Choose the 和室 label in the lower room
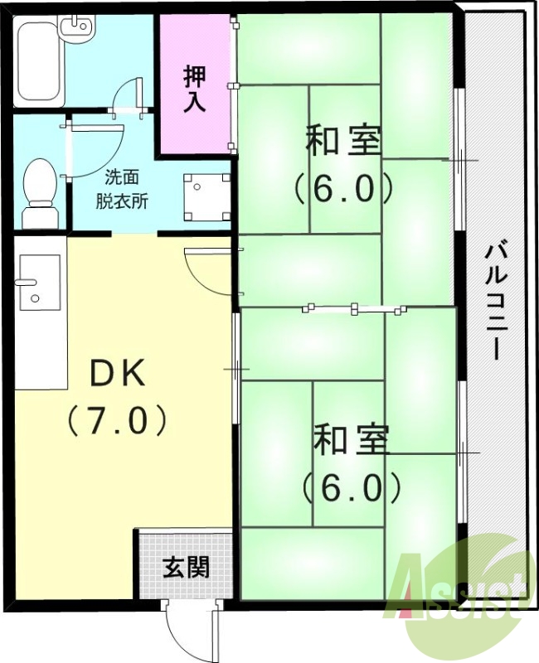tap(350, 440)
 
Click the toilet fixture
tap(38, 191)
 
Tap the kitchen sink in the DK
tap(38, 282)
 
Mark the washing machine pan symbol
tap(206, 196)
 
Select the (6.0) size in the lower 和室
tap(352, 487)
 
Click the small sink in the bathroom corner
tap(80, 27)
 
